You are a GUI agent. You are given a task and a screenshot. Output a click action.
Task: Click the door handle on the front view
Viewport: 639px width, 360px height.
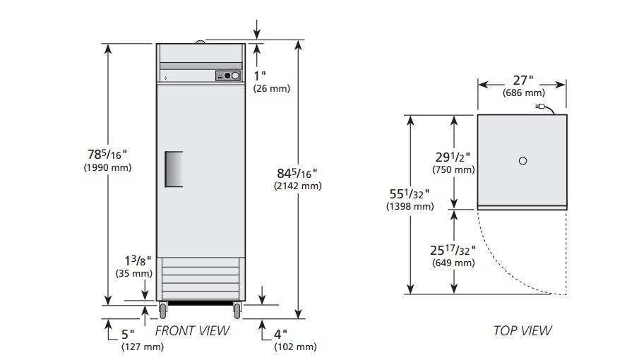pyautogui.click(x=174, y=169)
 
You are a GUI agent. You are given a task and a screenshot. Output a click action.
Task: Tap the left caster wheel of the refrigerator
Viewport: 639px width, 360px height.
pyautogui.click(x=163, y=311)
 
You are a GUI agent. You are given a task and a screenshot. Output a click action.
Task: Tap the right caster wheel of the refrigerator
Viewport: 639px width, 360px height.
pyautogui.click(x=237, y=311)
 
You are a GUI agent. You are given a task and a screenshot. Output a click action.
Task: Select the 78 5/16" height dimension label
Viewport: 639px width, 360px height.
pyautogui.click(x=107, y=155)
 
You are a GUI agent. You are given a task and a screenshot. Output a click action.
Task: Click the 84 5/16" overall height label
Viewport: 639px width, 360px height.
pyautogui.click(x=297, y=174)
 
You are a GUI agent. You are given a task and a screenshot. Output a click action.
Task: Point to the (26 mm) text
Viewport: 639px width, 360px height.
pyautogui.click(x=272, y=88)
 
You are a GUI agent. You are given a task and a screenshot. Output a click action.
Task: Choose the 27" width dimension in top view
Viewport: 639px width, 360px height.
pyautogui.click(x=523, y=80)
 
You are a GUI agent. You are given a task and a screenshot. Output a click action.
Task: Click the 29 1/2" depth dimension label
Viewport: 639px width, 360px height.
pyautogui.click(x=453, y=157)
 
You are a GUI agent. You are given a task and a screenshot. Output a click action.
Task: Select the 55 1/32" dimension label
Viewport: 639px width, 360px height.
pyautogui.click(x=410, y=194)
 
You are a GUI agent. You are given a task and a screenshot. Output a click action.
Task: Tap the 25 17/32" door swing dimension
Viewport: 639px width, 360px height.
pyautogui.click(x=453, y=250)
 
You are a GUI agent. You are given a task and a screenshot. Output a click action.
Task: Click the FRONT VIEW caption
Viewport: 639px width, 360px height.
pyautogui.click(x=192, y=330)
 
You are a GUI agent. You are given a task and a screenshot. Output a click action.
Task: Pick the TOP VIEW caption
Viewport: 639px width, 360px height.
pyautogui.click(x=523, y=330)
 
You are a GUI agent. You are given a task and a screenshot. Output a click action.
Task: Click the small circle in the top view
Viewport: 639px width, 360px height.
pyautogui.click(x=523, y=161)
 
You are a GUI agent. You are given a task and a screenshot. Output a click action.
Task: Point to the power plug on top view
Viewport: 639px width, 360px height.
pyautogui.click(x=541, y=107)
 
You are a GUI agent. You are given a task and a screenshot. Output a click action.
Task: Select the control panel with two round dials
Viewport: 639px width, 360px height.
pyautogui.click(x=228, y=76)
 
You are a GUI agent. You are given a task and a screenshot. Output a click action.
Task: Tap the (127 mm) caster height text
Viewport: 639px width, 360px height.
pyautogui.click(x=143, y=347)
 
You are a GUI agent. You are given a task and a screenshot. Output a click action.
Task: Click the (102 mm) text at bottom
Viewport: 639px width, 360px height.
pyautogui.click(x=295, y=347)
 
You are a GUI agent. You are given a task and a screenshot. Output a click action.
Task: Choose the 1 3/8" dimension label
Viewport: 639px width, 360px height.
pyautogui.click(x=138, y=260)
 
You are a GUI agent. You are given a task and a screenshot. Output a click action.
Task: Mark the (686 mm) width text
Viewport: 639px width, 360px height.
pyautogui.click(x=524, y=93)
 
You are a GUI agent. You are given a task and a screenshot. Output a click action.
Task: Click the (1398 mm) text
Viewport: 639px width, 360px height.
pyautogui.click(x=410, y=206)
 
